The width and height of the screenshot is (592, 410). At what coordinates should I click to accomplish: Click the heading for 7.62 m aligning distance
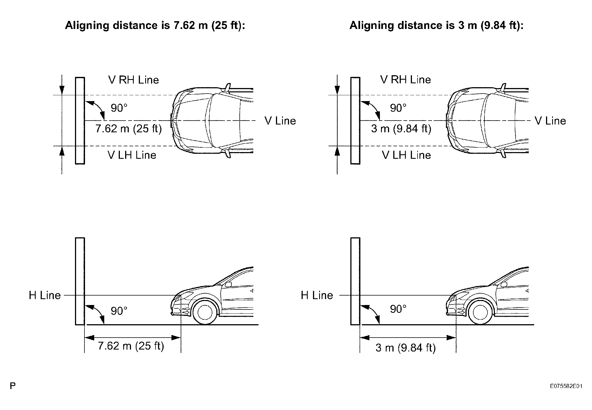155,25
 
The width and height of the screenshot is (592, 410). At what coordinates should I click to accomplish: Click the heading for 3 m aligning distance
436,25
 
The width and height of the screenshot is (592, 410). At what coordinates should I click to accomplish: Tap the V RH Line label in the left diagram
134,80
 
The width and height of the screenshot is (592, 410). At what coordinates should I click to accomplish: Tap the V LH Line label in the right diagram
406,155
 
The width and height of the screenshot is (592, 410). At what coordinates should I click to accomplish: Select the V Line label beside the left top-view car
280,121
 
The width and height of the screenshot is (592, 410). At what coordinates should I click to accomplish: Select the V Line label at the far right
550,121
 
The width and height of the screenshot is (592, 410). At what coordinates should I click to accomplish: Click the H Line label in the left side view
45,295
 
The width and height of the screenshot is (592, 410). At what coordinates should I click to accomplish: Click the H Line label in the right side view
317,295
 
